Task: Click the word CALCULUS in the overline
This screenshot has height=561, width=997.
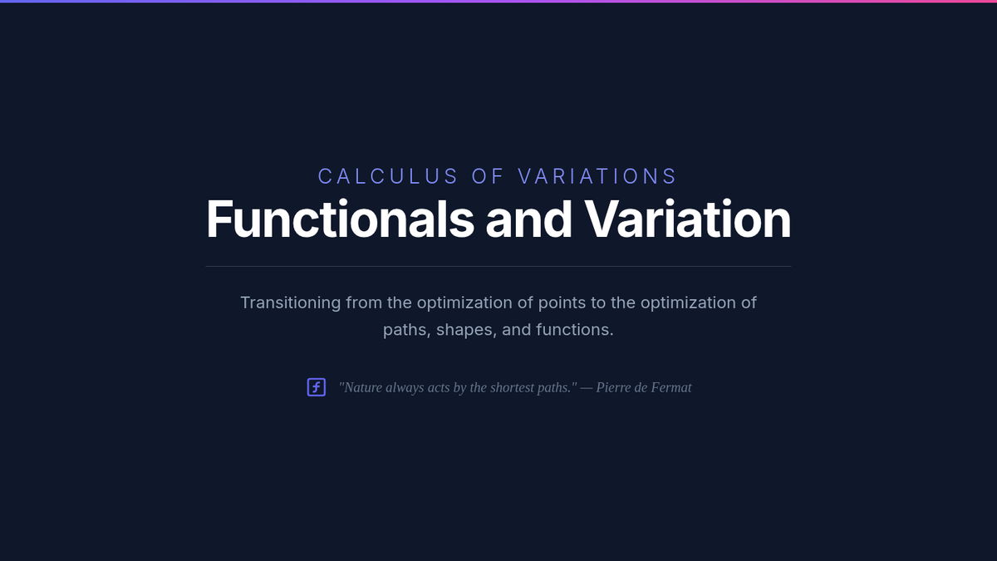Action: click(388, 176)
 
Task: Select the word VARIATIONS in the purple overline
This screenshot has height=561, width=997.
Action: click(597, 176)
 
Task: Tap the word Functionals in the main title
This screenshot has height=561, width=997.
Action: click(340, 219)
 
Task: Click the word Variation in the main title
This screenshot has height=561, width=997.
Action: click(688, 219)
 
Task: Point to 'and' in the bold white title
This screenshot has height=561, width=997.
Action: click(528, 219)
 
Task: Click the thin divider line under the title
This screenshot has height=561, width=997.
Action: click(498, 266)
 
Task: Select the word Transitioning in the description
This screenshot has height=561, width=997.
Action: click(291, 303)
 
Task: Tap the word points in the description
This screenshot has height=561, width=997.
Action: click(562, 303)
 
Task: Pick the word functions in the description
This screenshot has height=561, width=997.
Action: click(575, 330)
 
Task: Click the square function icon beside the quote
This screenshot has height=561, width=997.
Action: click(317, 387)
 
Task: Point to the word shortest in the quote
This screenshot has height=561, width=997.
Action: click(512, 387)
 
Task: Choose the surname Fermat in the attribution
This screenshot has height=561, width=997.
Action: click(671, 387)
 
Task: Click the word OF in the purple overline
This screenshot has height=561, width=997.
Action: click(488, 176)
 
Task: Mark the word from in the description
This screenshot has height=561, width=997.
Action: click(364, 303)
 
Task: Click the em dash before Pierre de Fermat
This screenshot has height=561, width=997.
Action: click(587, 388)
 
